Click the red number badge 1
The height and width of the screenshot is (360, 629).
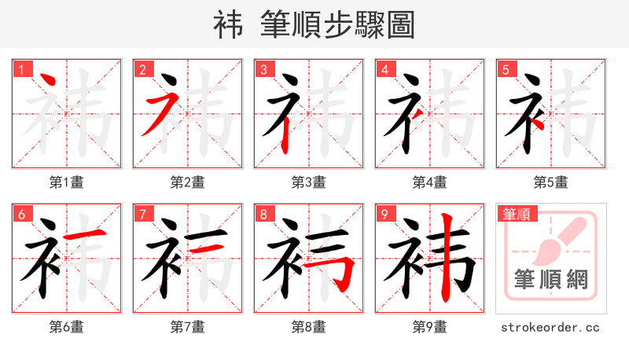point(21,68)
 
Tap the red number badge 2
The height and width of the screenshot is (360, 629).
point(142,68)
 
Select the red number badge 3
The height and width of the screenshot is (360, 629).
point(263,68)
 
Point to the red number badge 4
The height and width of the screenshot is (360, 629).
point(384,68)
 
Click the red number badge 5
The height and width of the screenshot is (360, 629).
point(506,68)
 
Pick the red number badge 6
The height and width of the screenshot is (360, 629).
point(21,213)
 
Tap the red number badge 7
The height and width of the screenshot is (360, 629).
point(142,213)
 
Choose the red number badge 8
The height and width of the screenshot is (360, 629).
point(263,213)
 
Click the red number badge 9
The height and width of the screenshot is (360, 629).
point(384,213)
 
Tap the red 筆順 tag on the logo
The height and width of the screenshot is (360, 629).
point(517,213)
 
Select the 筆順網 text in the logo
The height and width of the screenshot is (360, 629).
point(550,280)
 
